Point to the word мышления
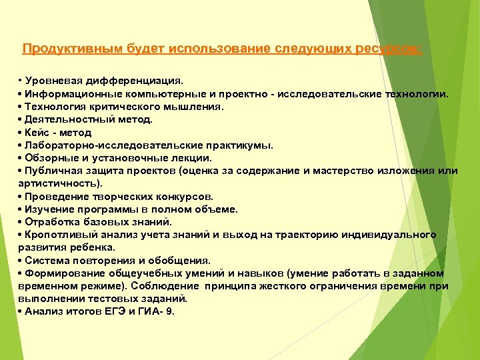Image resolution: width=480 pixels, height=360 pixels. click(x=199, y=107)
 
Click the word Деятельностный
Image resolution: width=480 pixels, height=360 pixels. click(x=66, y=119)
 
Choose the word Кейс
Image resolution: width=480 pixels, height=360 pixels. click(x=36, y=132)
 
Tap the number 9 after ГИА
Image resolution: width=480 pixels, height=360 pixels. click(x=171, y=311)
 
